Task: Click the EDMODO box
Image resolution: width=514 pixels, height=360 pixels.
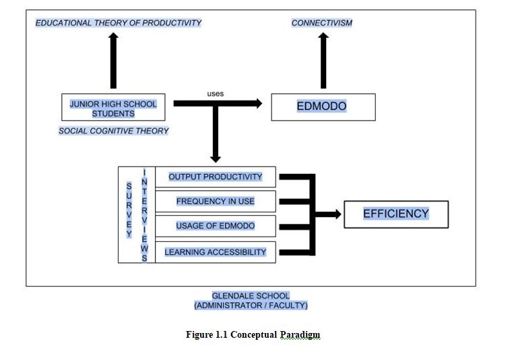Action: click(323, 107)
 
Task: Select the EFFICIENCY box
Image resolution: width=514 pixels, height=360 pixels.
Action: click(395, 214)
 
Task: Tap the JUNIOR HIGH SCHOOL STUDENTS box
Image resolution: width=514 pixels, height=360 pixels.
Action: click(113, 108)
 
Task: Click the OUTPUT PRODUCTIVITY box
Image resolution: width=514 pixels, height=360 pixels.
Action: click(215, 177)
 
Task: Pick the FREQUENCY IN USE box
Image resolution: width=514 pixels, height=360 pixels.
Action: click(215, 201)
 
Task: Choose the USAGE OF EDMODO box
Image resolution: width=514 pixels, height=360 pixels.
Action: click(215, 226)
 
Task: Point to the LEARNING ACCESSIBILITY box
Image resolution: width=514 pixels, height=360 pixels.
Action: click(215, 252)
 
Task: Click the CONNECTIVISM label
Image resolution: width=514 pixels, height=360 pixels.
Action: click(321, 23)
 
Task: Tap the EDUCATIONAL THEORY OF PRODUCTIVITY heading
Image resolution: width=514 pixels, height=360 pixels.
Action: click(119, 23)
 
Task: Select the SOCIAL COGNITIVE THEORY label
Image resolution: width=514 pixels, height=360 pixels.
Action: click(113, 131)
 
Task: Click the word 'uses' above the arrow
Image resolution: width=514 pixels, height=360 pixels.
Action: click(216, 94)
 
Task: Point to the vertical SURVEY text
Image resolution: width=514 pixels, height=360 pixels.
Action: click(129, 210)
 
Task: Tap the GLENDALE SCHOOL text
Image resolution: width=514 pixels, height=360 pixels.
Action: click(251, 296)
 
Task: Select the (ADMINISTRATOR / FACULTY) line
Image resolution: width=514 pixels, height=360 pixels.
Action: click(251, 305)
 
